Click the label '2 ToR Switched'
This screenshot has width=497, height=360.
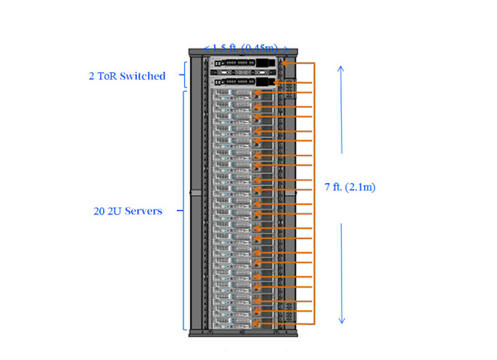coord(126,76)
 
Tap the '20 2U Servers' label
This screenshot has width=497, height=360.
coord(126,211)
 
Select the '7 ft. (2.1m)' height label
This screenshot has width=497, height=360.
coord(349,187)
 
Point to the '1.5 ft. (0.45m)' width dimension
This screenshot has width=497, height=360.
coord(245,48)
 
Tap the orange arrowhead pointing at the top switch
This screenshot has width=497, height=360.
coord(284,63)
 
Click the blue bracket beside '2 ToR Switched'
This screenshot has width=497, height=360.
coord(183,76)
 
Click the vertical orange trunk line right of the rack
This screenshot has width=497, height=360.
coord(314,194)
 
